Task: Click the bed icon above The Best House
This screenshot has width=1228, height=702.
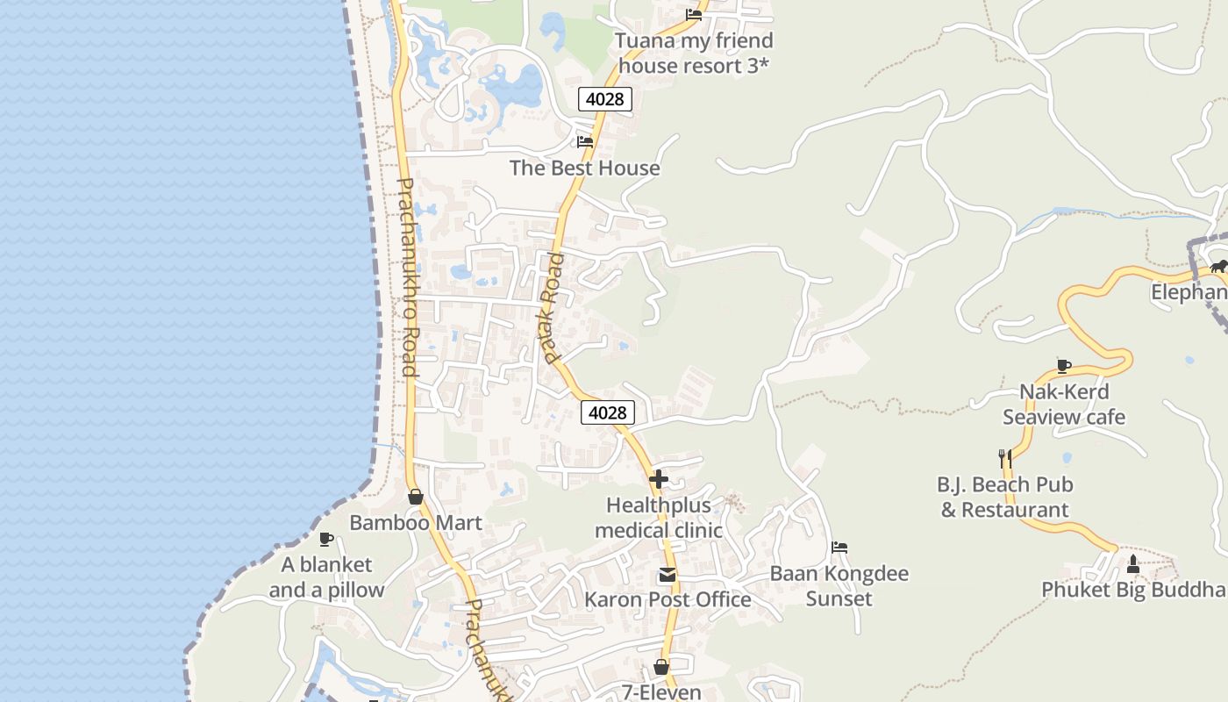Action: tap(585, 141)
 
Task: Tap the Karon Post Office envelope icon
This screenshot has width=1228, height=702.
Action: tap(668, 575)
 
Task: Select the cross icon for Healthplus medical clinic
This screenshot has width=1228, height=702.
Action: tap(659, 479)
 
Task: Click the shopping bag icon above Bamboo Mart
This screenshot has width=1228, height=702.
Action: tap(416, 497)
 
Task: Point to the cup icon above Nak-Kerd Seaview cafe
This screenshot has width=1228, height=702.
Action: tap(1064, 366)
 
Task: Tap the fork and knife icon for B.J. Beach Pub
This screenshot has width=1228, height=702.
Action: tap(1005, 458)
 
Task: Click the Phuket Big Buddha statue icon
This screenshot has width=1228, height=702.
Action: tap(1132, 563)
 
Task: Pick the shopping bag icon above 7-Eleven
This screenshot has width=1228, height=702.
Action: tap(661, 667)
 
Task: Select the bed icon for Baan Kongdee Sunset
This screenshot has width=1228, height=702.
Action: tap(839, 548)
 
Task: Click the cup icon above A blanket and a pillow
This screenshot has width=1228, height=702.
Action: tap(326, 539)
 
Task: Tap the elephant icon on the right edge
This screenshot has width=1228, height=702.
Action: tap(1217, 266)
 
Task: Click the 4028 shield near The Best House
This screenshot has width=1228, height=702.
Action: tap(605, 99)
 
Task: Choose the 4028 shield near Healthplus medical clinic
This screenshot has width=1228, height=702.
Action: tap(607, 412)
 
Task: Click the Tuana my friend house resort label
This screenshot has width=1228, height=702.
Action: tap(694, 53)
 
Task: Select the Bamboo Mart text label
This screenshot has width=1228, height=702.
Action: tap(416, 523)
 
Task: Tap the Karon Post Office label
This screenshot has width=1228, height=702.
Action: tap(668, 599)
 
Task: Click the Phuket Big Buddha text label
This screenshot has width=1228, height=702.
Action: tap(1133, 590)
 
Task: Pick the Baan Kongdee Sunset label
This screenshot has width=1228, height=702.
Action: tap(839, 586)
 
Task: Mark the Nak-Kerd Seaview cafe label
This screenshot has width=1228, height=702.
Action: tap(1064, 405)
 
